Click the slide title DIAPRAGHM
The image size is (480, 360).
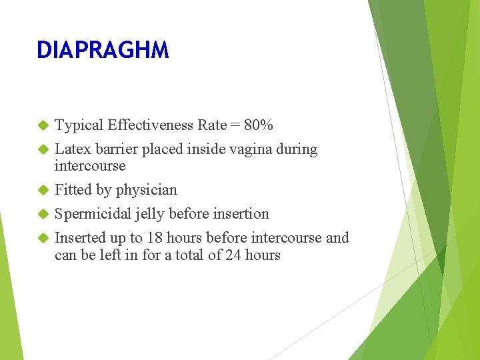tap(103, 50)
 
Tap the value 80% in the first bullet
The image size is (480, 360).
tap(259, 125)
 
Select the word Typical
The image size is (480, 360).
tap(79, 125)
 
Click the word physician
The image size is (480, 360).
tap(147, 190)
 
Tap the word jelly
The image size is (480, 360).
tap(151, 214)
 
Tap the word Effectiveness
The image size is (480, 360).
tap(151, 125)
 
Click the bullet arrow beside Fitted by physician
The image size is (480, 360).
tap(43, 190)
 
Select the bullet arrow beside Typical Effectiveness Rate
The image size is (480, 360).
tap(43, 125)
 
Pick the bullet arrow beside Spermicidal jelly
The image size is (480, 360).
tap(43, 214)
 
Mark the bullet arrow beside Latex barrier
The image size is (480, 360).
tap(43, 149)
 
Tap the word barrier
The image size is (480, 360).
tap(113, 149)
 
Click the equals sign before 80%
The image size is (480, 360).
tap(235, 125)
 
